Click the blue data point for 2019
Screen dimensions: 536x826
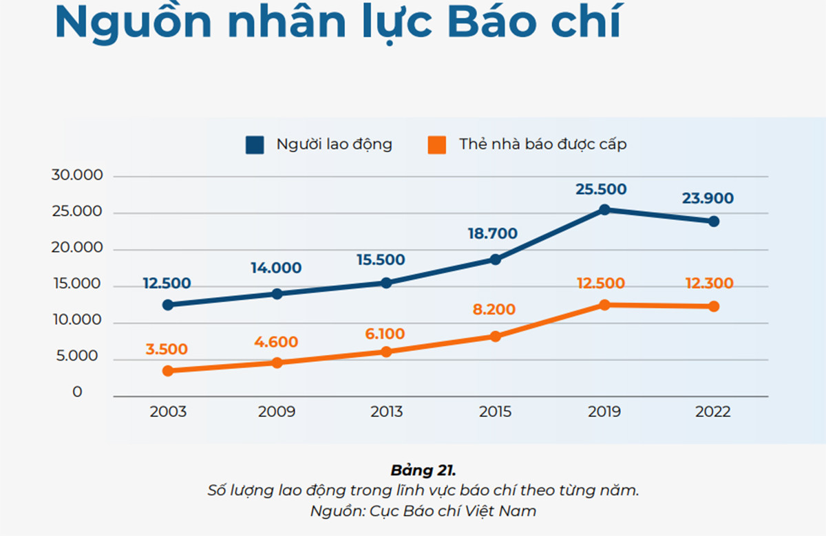604,209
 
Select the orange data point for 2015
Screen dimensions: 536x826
495,336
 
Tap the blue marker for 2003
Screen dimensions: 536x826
168,305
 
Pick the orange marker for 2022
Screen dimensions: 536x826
714,306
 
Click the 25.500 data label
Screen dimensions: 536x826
601,189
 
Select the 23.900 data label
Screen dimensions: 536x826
708,199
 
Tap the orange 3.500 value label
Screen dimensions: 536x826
167,349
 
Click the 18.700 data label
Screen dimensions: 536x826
491,234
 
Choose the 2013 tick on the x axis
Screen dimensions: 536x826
386,412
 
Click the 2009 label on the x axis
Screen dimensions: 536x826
277,412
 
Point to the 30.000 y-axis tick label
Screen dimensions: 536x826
77,175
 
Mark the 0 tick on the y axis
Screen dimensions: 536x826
77,392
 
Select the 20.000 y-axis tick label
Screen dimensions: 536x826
77,248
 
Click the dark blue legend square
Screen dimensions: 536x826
255,145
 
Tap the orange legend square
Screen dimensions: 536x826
436,145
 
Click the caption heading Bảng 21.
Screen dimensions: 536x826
423,471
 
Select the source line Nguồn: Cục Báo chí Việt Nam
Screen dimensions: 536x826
423,511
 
